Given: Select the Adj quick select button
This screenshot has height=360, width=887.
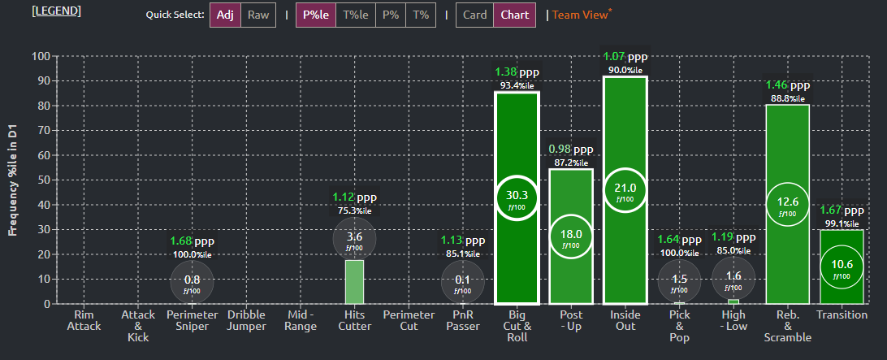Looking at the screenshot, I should (x=225, y=15).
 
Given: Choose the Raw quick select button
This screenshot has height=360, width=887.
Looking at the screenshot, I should (x=258, y=15).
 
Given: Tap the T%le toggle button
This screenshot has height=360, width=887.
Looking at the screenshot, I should (x=355, y=15).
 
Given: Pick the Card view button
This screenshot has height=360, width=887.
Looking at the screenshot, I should (x=475, y=15).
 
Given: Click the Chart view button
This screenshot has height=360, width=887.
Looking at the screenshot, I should (x=515, y=15).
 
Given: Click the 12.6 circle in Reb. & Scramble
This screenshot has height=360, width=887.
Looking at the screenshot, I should (x=787, y=203).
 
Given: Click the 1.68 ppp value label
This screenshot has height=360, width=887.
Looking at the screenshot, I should (x=193, y=241).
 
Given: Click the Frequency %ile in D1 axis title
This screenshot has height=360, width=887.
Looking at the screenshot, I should (x=13, y=180).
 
